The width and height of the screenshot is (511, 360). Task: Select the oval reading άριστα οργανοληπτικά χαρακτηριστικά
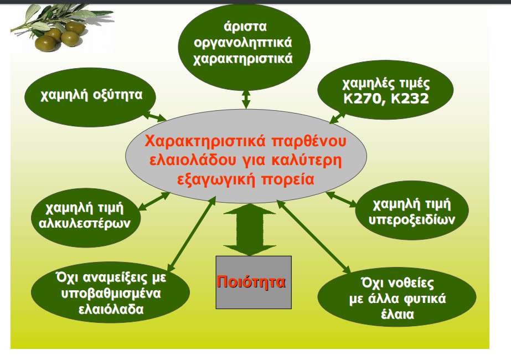point(242,44)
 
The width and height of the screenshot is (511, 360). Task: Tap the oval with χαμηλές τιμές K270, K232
point(386,91)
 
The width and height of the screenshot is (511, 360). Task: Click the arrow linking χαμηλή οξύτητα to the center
point(154,116)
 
